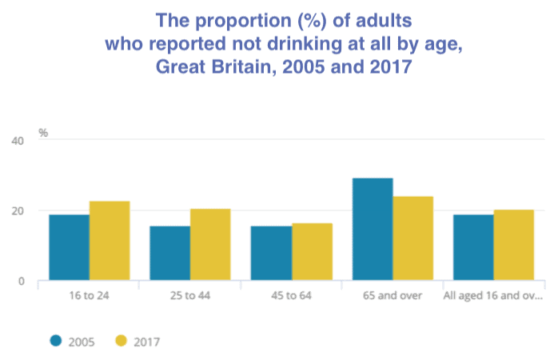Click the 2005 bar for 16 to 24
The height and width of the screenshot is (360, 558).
(69, 247)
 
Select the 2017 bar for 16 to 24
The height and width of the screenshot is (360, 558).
(110, 241)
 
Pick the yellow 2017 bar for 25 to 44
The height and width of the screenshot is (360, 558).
(210, 245)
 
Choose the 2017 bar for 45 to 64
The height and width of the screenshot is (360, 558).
(312, 251)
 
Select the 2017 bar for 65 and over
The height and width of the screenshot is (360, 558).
(413, 238)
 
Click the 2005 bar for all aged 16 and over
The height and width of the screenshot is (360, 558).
(473, 247)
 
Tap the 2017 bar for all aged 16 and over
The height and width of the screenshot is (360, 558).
(513, 245)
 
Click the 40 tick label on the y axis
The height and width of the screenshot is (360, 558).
(18, 141)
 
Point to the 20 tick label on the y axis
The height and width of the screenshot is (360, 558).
(18, 211)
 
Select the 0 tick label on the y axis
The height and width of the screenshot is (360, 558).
(22, 282)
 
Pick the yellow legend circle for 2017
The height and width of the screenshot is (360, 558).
(122, 342)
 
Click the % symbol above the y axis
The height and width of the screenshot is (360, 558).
(44, 132)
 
